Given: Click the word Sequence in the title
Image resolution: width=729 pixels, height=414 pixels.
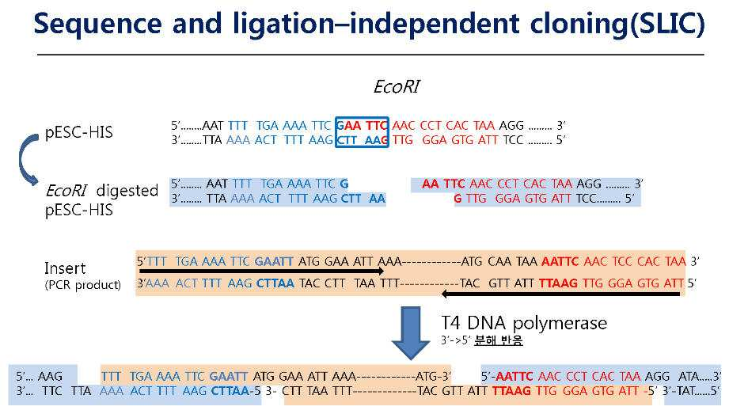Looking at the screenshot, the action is (97, 25).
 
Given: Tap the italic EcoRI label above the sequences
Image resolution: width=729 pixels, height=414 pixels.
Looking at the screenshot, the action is (397, 86).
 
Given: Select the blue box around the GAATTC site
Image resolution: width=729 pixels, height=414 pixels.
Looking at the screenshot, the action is (362, 132).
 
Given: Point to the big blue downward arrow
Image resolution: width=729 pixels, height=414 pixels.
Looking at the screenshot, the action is (411, 332).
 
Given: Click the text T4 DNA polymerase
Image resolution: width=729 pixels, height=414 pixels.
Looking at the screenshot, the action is (524, 323).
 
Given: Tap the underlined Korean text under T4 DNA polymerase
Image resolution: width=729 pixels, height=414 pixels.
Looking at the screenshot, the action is (499, 340).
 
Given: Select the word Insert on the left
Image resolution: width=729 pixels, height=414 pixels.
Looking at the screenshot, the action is (65, 268).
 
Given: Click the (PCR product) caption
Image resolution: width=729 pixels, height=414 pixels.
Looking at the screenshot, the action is (83, 285).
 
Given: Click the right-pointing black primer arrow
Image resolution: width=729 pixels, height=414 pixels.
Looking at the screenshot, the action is (262, 271).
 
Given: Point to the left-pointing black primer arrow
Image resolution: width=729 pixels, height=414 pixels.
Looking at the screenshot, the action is (560, 294).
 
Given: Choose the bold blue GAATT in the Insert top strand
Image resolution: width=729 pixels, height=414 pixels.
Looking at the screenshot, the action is (274, 261).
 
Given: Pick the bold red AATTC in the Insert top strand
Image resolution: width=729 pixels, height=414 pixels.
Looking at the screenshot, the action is (560, 261).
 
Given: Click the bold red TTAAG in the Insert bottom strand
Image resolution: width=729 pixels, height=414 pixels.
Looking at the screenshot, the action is (558, 283).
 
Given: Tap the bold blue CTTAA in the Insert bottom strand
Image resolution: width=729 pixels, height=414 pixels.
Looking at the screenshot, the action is (275, 283).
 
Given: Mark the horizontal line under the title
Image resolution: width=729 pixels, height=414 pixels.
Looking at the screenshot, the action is (370, 55).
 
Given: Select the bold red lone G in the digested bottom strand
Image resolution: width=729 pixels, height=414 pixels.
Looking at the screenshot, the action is (458, 199).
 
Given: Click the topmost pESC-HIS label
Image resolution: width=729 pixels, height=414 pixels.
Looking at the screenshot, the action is (78, 132).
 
